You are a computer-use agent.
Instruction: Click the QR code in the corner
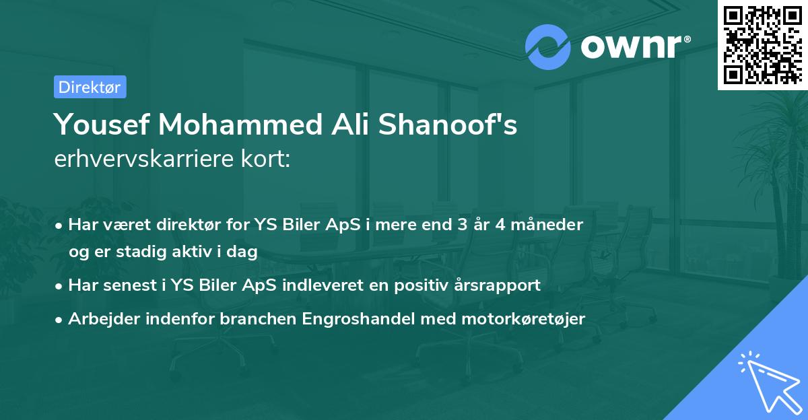[x=763, y=45]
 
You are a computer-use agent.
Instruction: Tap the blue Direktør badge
[x=90, y=87]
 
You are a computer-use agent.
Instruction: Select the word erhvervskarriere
[x=146, y=159]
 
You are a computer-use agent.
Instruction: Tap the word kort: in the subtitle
[x=267, y=159]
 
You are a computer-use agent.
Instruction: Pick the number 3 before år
[x=463, y=224]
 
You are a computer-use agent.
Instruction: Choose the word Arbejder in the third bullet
[x=102, y=318]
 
